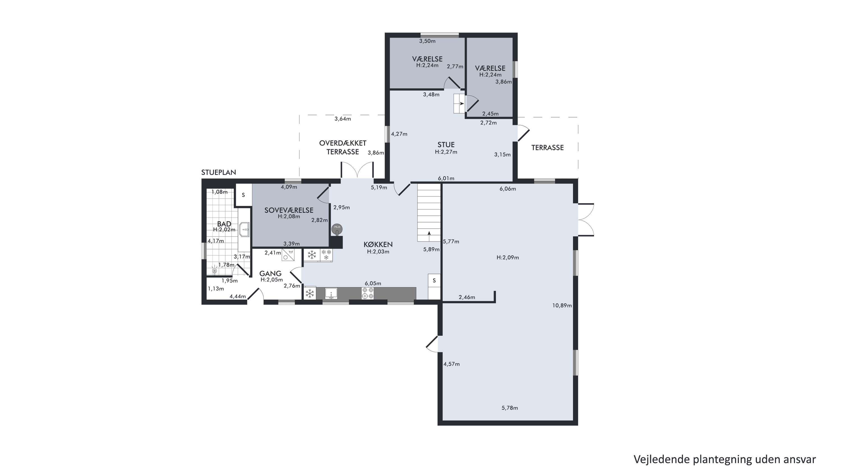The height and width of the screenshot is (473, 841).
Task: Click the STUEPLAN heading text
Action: pos(218,173)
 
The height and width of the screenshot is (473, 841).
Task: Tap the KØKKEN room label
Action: pos(378,244)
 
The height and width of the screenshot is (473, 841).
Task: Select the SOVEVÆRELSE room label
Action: pos(289,210)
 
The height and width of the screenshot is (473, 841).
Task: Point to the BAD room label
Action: pos(224,224)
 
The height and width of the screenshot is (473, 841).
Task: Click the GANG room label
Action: pos(270,274)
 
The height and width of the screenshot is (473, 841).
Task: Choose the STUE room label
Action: pos(446,145)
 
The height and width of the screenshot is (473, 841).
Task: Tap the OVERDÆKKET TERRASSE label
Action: pos(343,147)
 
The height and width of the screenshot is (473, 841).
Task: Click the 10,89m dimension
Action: pos(562,306)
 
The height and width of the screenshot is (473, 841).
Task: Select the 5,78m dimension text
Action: pos(510,408)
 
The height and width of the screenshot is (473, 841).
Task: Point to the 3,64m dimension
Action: pos(343,119)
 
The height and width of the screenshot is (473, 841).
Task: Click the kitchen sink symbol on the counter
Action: pos(331,294)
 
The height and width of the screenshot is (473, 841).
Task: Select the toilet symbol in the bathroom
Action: pos(214,270)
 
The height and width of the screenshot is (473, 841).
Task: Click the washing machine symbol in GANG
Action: pos(288,254)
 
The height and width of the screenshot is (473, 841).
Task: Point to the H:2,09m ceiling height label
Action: pos(508,258)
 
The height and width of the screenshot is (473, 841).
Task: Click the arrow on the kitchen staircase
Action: pos(429,233)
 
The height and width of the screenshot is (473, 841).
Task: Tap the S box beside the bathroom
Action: pos(244,195)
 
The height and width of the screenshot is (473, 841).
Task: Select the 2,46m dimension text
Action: pos(467,297)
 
